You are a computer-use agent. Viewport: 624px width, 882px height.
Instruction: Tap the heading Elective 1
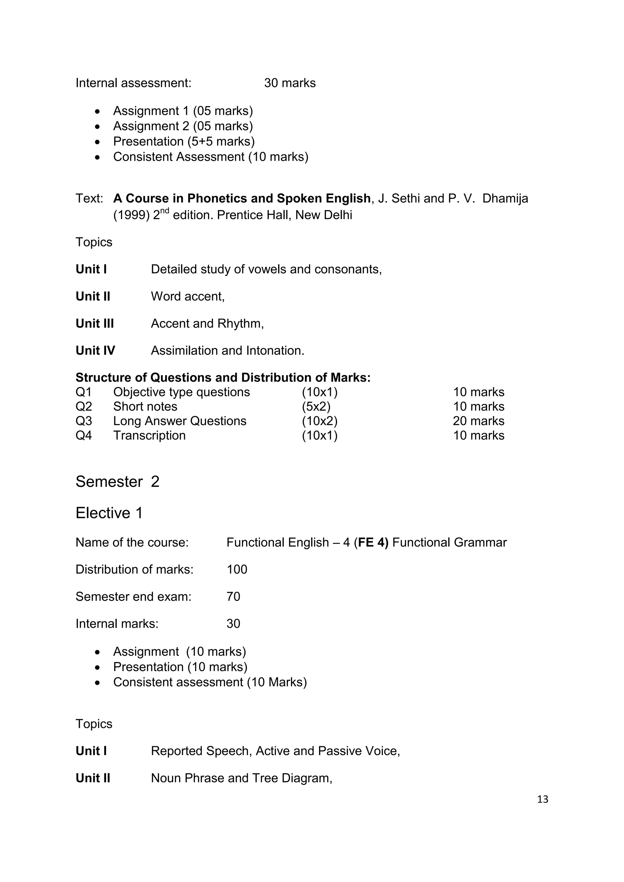pos(109,513)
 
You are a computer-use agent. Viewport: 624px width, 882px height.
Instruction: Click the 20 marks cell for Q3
pos(478,421)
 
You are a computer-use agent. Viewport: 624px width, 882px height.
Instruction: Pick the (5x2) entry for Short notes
pos(316,406)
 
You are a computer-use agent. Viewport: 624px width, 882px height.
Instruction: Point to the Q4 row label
pos(84,436)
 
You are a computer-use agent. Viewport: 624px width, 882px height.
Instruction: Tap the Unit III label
pos(94,323)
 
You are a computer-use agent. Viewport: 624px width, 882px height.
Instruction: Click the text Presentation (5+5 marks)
pos(184,141)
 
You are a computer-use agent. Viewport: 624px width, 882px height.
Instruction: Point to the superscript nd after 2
pos(165,210)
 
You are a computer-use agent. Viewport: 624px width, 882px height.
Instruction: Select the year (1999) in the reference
pos(131,215)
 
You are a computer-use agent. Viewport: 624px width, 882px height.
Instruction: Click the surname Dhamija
pos(505,199)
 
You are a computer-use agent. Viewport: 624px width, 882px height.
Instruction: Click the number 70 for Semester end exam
pos(233,597)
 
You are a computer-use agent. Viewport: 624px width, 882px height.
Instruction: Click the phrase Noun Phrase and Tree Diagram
pos(241,778)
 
